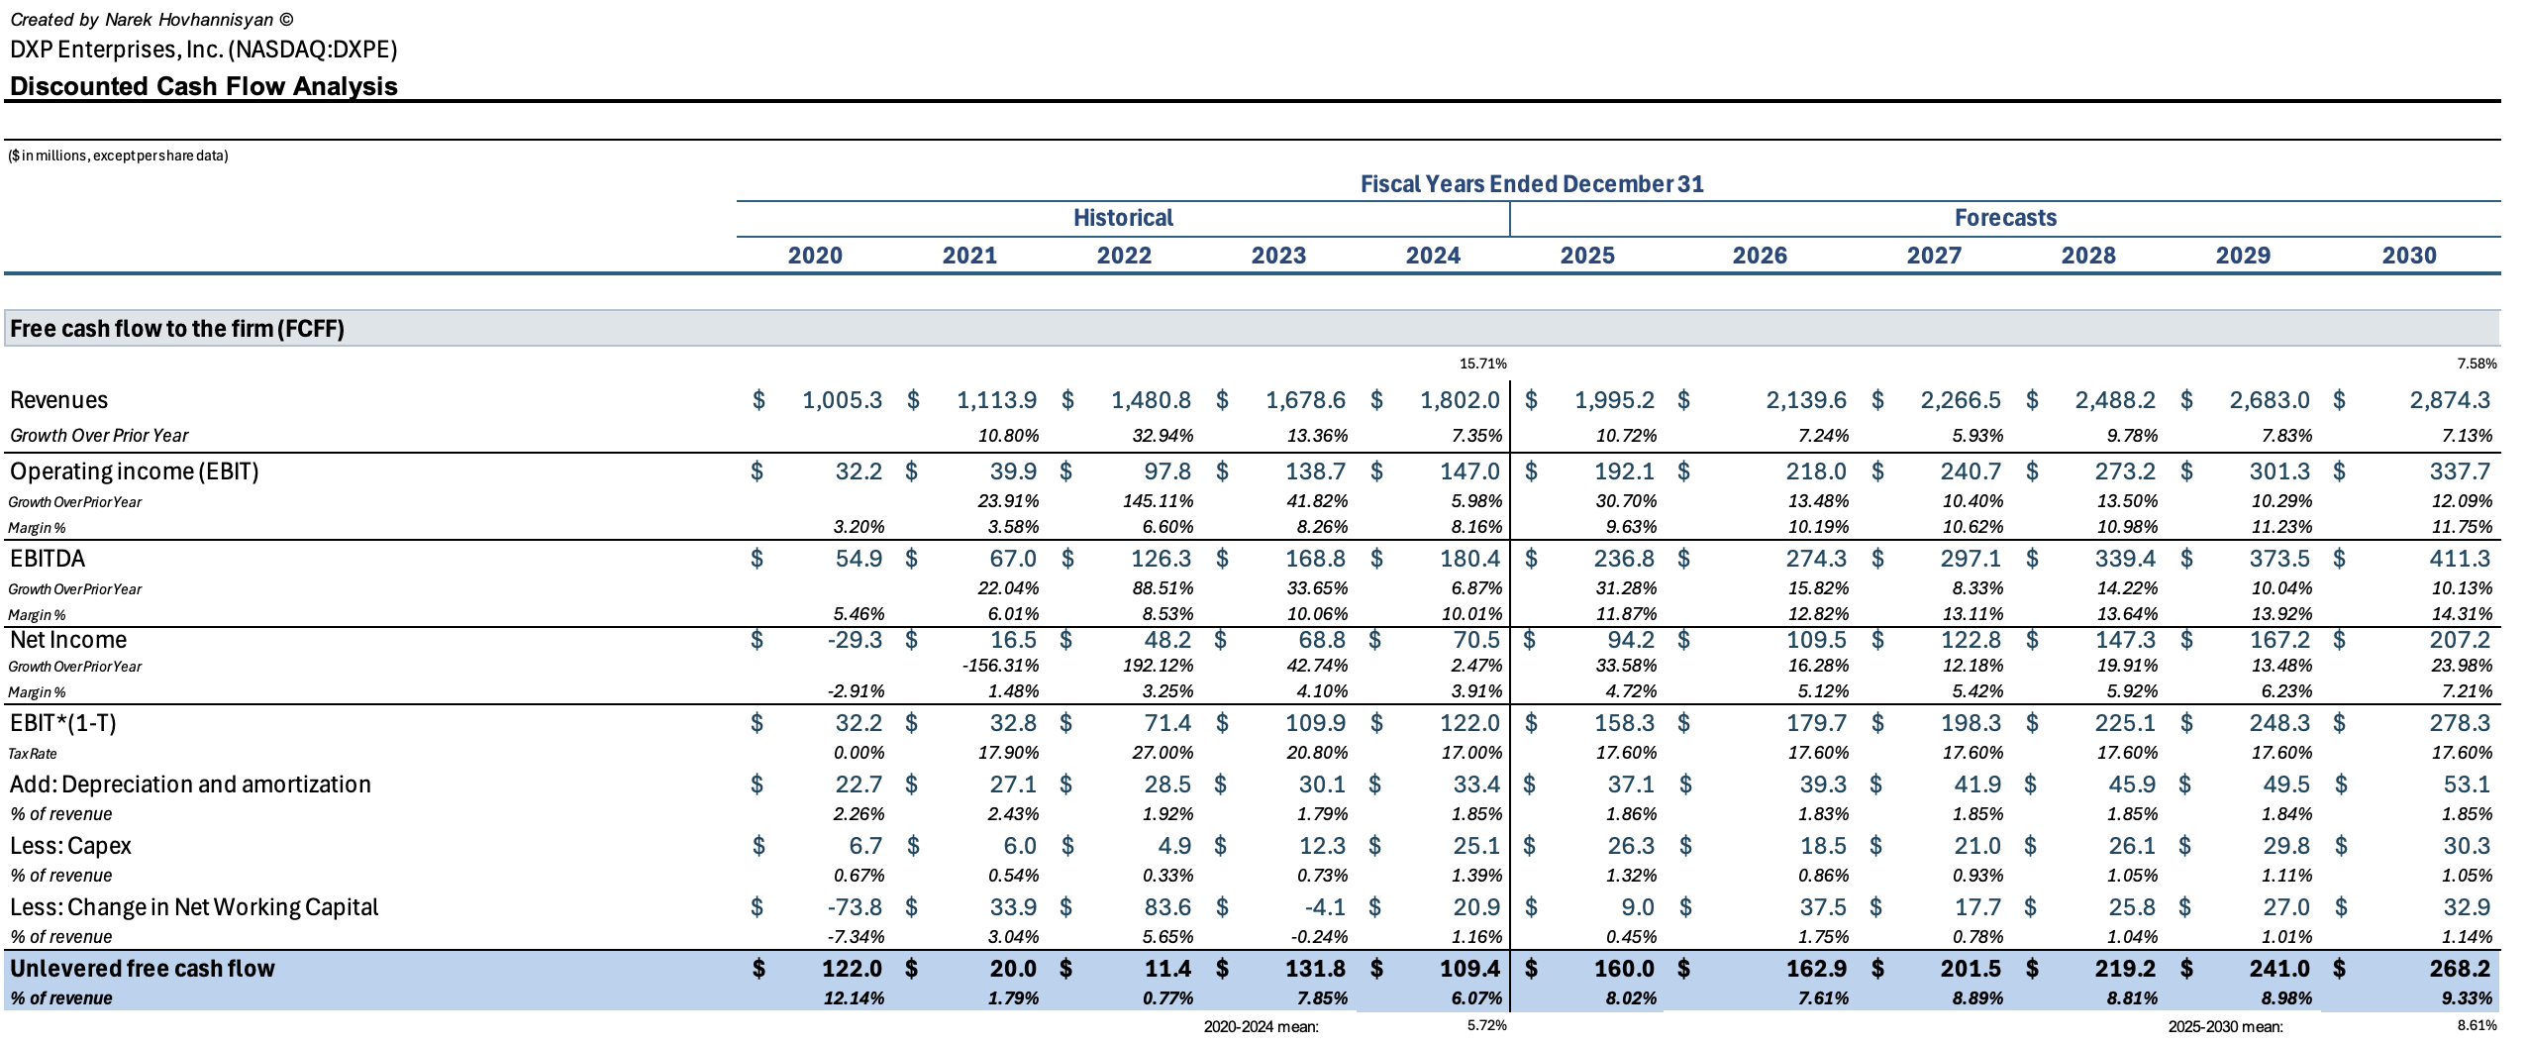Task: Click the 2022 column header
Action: click(x=1124, y=256)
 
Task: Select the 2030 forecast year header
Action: click(x=2409, y=256)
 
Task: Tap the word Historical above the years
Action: click(x=1123, y=218)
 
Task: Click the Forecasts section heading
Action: click(x=2005, y=218)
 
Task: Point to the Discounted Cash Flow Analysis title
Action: click(x=204, y=86)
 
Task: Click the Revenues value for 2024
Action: click(x=1460, y=400)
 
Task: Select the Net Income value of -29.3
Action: click(x=855, y=640)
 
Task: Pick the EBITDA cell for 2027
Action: click(x=1970, y=559)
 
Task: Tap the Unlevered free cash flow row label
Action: click(x=143, y=969)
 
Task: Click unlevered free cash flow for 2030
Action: click(x=2460, y=969)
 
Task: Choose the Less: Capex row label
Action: click(x=70, y=846)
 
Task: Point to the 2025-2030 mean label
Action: click(x=2225, y=1027)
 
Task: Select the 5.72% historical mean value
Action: click(x=1486, y=1026)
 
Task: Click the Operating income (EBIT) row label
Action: click(x=134, y=471)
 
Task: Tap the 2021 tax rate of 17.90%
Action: click(x=1008, y=753)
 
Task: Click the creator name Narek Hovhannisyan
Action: click(x=188, y=20)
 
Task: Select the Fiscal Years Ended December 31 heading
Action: click(x=1531, y=184)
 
